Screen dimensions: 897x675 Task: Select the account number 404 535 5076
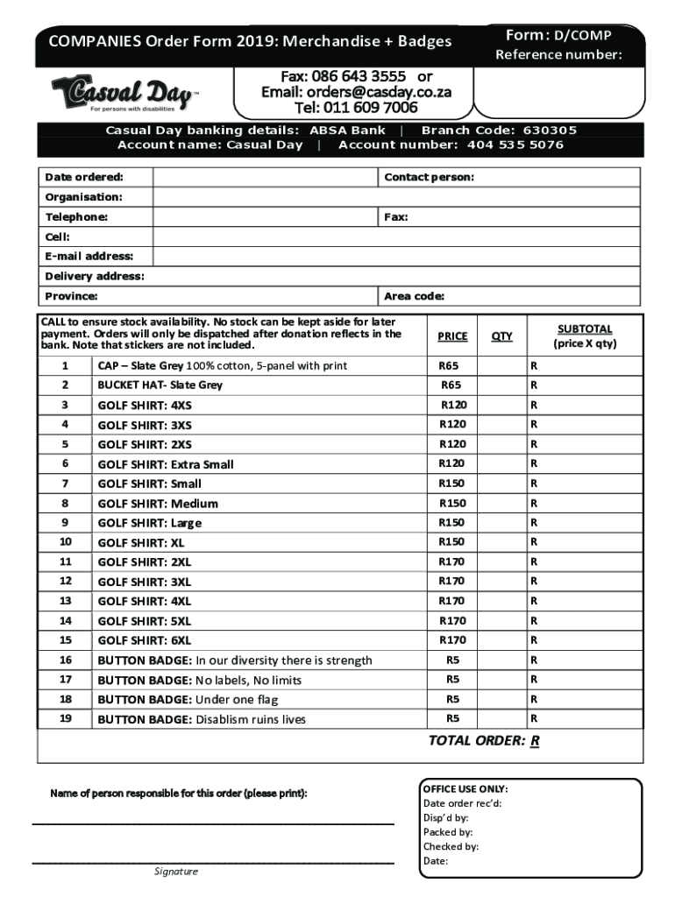coord(515,145)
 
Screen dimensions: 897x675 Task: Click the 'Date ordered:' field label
coord(84,177)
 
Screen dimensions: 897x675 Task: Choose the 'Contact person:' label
coord(429,177)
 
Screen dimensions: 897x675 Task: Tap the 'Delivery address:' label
coord(95,276)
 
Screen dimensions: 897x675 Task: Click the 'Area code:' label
coord(414,296)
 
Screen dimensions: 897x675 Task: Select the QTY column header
coord(501,336)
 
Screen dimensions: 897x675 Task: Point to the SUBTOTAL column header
coord(584,329)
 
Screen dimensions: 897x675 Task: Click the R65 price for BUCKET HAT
coord(451,385)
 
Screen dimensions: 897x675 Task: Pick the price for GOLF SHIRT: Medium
coord(452,503)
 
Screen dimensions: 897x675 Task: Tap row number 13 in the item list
coord(65,601)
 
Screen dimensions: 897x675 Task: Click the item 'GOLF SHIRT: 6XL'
coord(144,640)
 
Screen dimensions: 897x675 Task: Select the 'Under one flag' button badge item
coord(201,699)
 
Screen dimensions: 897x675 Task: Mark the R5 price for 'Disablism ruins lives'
coord(452,718)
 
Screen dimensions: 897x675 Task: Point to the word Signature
coord(176,872)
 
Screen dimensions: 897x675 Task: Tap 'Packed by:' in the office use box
coord(447,832)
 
